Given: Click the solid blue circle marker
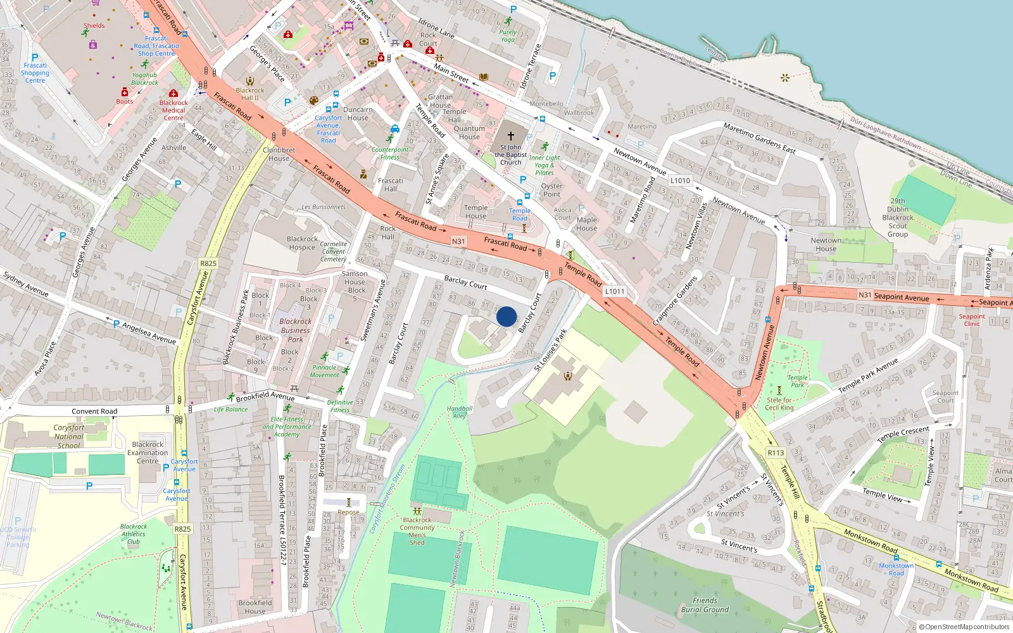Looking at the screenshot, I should [507, 316].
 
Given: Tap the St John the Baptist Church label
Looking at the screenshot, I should [510, 155].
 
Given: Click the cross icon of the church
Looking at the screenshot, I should [511, 136].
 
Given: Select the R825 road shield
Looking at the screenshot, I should [208, 263].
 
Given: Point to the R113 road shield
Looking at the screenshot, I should [776, 453].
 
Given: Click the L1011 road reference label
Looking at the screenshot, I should [614, 291].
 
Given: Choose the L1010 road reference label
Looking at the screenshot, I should [680, 180].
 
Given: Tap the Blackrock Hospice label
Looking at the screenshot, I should [302, 243].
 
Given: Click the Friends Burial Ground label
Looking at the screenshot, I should [705, 605].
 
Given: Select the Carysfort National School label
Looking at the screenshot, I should [69, 437].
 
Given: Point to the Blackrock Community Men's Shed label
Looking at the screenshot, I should [417, 531].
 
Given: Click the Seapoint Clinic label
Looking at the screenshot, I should [971, 320].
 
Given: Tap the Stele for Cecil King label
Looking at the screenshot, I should [779, 404].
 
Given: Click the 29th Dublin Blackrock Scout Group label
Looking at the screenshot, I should [898, 218].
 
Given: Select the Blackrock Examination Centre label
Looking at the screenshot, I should [148, 453].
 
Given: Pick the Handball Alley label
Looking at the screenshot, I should [460, 412].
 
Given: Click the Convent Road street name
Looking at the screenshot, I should [94, 411].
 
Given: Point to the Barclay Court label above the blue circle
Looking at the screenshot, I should [465, 282].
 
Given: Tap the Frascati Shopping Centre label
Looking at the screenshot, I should [35, 73].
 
